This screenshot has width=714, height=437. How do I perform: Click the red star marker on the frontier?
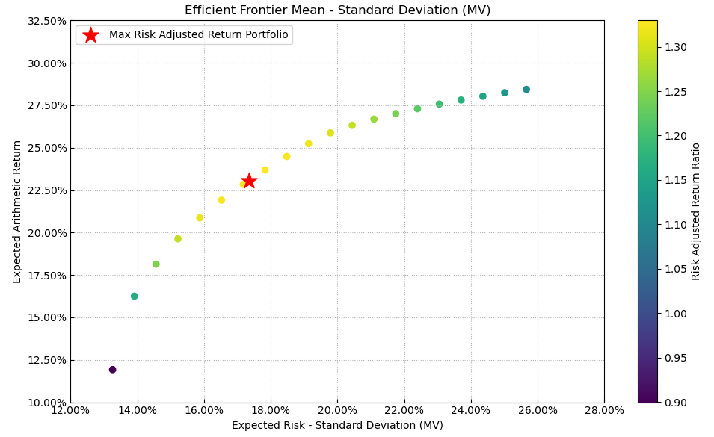(249, 181)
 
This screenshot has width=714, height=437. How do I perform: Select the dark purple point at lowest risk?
(113, 370)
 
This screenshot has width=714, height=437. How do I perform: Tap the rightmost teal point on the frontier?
(526, 90)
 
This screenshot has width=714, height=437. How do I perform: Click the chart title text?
(337, 10)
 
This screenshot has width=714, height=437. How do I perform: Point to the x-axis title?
(337, 426)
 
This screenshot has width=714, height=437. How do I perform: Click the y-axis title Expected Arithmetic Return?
(17, 211)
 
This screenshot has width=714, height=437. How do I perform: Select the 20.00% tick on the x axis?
(337, 410)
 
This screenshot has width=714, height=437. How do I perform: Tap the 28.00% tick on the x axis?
(604, 410)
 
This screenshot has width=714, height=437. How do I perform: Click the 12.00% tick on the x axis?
(70, 410)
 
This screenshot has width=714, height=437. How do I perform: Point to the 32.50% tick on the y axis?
(46, 21)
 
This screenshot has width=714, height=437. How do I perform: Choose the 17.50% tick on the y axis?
(46, 276)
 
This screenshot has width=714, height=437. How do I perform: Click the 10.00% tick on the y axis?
(46, 403)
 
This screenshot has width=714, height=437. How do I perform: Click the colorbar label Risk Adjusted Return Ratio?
(696, 211)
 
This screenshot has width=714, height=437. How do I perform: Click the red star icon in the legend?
(90, 35)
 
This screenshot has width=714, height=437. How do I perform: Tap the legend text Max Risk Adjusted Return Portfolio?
(198, 35)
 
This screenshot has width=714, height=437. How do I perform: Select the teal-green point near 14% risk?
(135, 297)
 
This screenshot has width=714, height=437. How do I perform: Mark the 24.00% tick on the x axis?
(471, 410)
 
